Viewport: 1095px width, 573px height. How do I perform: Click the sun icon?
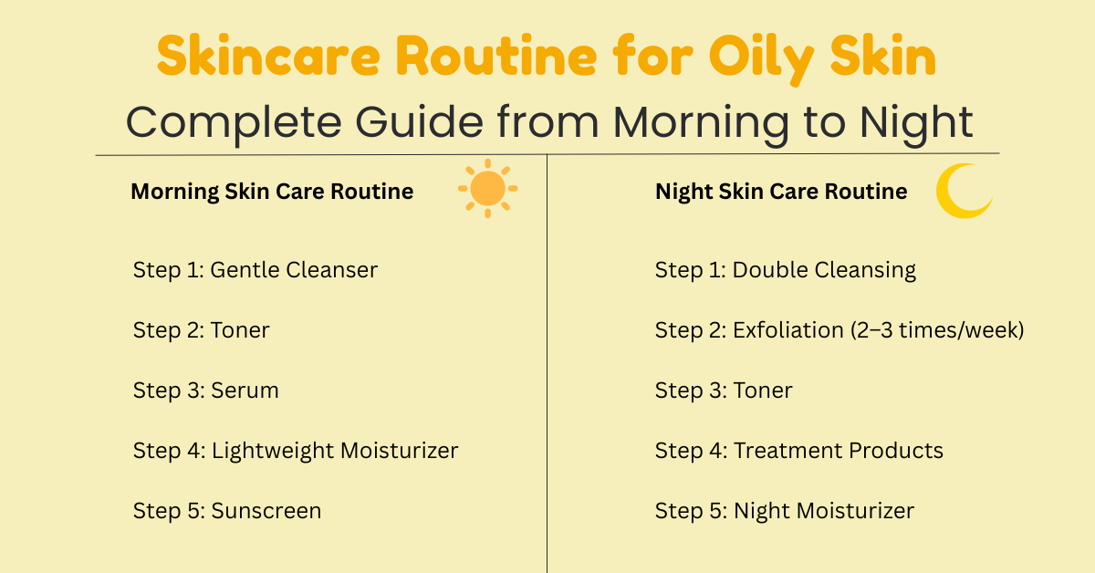487,188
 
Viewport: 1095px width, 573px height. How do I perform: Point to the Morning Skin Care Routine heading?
272,192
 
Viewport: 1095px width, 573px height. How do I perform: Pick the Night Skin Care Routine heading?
781,192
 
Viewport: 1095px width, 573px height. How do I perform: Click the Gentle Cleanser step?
255,270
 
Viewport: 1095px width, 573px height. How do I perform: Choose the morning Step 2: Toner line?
201,330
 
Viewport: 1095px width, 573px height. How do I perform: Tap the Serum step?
205,391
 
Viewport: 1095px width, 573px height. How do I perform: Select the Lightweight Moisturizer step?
295,451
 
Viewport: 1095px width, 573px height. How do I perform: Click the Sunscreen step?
226,511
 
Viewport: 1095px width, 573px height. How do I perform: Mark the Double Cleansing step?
785,270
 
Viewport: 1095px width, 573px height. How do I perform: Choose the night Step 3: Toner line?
723,391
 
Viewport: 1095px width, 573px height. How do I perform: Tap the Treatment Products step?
798,451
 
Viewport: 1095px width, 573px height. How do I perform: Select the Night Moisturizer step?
784,511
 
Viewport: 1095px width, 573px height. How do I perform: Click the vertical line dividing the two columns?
547,365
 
